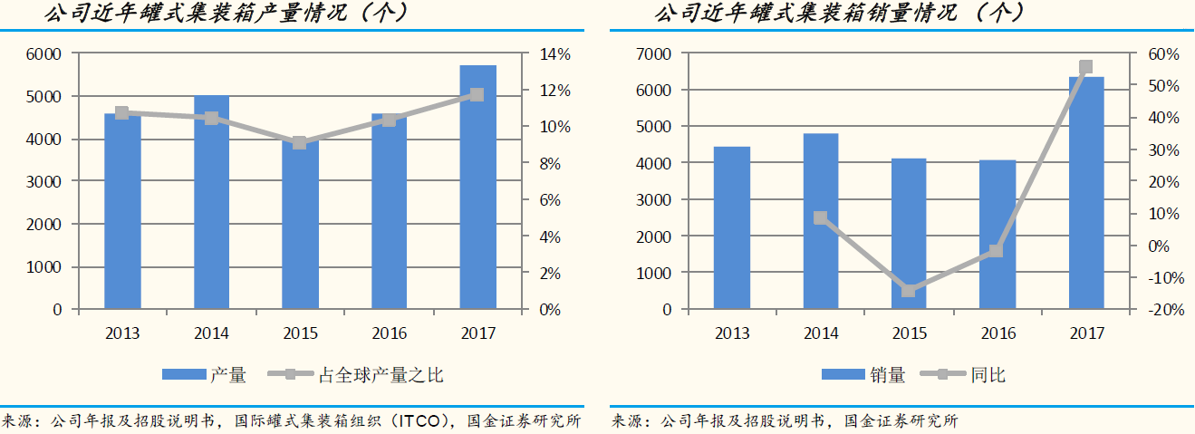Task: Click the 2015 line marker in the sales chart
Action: [x=909, y=290]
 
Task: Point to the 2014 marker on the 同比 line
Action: [x=820, y=217]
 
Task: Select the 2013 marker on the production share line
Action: [x=122, y=113]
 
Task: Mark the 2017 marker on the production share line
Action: [x=477, y=94]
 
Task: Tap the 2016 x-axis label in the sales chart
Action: [x=997, y=333]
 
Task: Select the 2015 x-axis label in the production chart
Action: [x=300, y=333]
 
